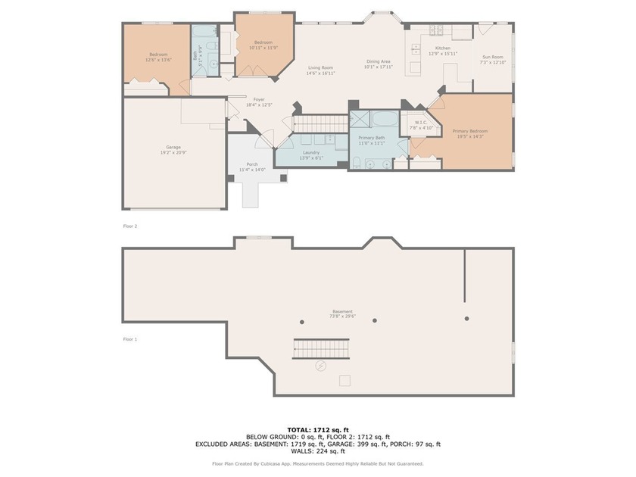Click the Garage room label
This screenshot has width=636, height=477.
coord(173,150)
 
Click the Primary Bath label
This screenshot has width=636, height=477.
coord(372,140)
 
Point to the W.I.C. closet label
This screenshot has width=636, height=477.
coord(422,125)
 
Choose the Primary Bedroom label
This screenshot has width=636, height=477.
coord(469,133)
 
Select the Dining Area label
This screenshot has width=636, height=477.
coord(378,64)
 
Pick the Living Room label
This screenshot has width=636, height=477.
coord(320,70)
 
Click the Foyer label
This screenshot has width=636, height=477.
coord(258,101)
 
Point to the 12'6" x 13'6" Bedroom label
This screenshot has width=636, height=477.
coord(158,56)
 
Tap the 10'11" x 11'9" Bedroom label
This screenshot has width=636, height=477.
coord(263,45)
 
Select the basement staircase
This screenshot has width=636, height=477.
coord(321,349)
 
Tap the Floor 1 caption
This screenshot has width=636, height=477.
coord(130,339)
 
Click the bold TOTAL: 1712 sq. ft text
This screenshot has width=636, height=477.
coord(318,429)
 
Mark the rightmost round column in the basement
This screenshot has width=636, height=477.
coord(466,319)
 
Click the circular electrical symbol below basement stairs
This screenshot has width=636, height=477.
coord(320,366)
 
